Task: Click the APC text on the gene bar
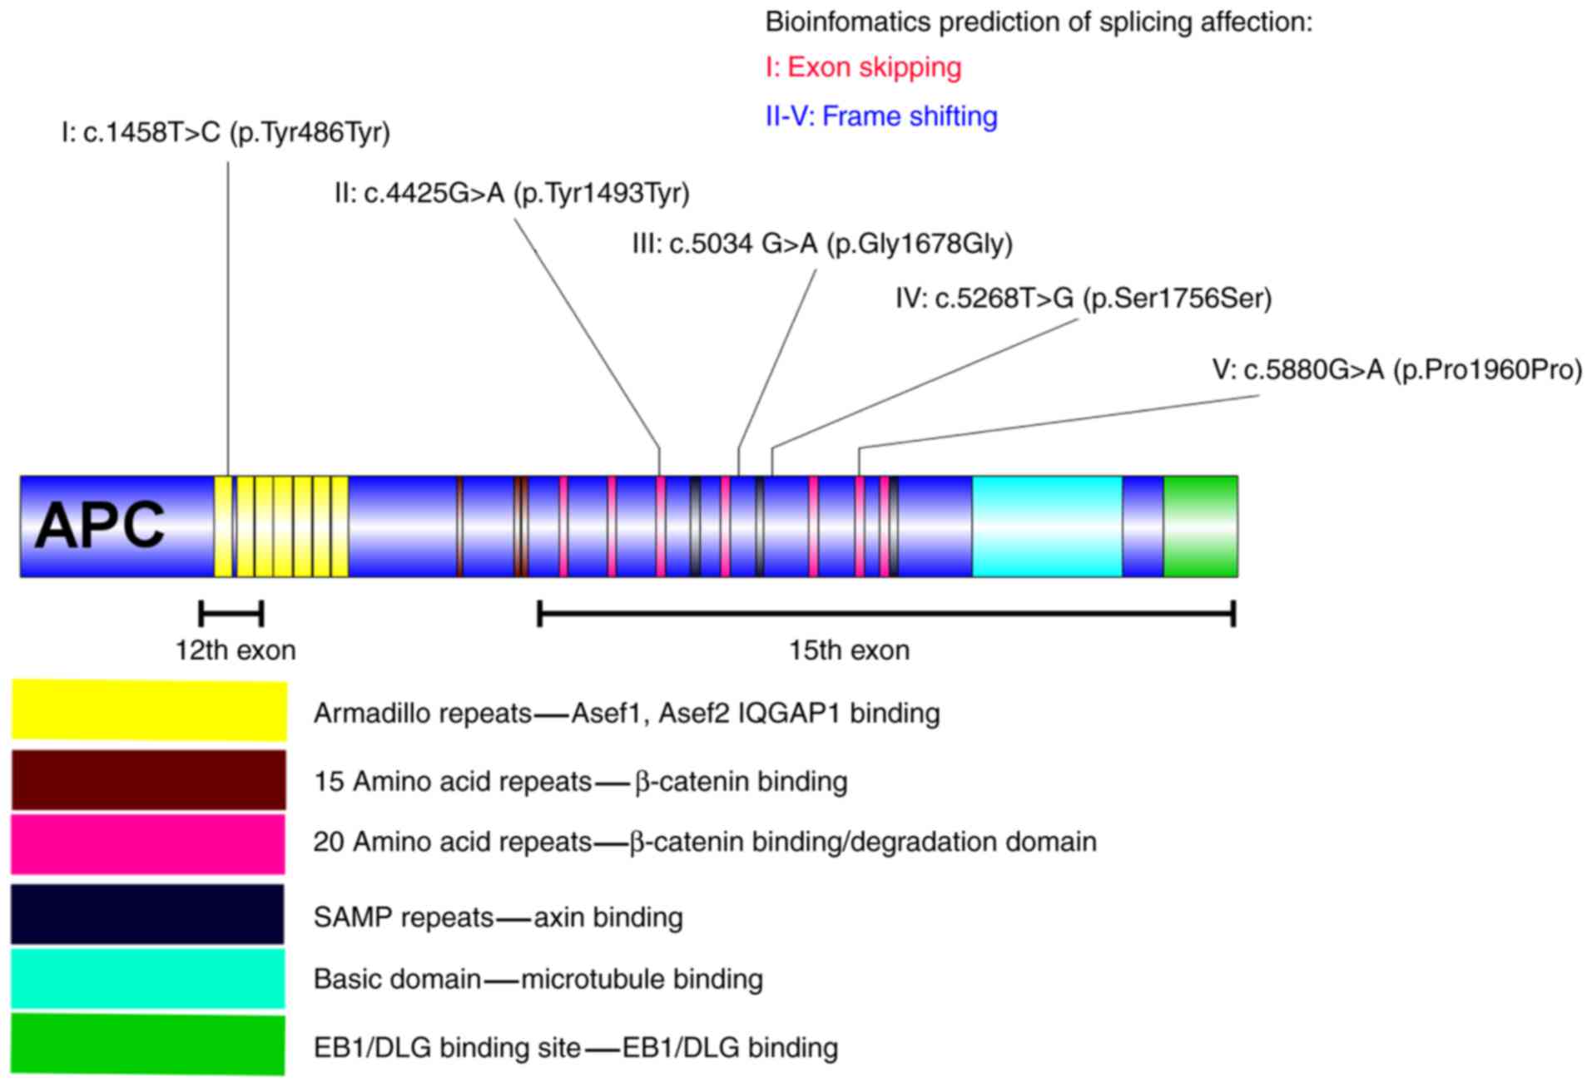[100, 526]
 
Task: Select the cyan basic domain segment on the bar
[1047, 526]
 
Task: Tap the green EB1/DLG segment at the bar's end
[1200, 526]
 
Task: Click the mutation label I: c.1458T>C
[226, 132]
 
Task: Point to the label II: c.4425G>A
[512, 194]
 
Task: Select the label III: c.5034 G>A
[822, 245]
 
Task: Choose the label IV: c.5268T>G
[1084, 299]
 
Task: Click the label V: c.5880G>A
[1397, 370]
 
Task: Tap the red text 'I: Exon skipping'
[863, 68]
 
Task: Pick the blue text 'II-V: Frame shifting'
[881, 116]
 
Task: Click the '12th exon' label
[236, 650]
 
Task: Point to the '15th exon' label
[849, 650]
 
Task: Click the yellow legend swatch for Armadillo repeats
[149, 710]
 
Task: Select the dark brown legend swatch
[148, 780]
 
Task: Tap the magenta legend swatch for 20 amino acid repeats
[148, 844]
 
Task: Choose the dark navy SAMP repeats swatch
[147, 914]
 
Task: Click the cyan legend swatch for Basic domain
[147, 978]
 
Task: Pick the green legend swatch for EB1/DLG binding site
[147, 1045]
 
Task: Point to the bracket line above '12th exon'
[231, 614]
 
